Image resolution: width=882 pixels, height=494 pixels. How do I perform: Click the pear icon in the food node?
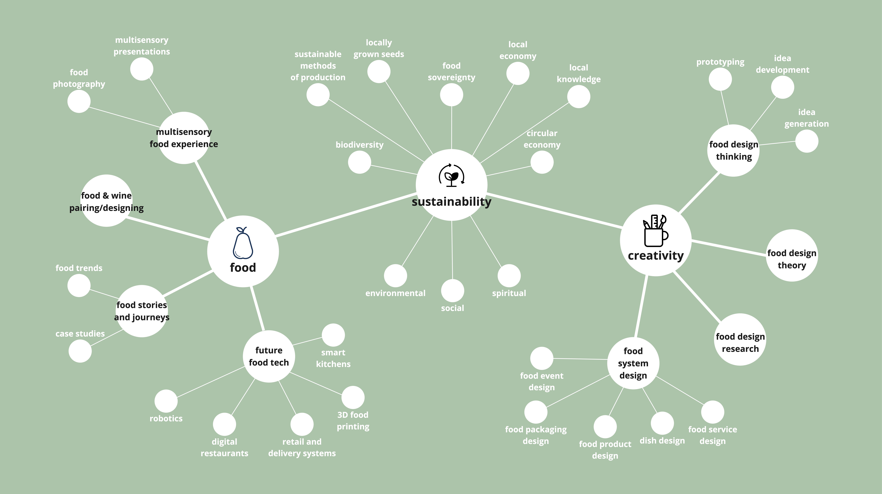point(243,243)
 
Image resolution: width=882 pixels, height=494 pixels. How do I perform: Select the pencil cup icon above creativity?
point(655,231)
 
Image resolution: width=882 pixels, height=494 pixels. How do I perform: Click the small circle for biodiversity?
point(359,162)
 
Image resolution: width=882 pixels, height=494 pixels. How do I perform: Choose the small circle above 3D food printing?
point(353,397)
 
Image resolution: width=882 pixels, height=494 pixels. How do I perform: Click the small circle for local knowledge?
point(579,97)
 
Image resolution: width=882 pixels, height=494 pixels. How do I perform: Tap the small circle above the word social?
point(453,291)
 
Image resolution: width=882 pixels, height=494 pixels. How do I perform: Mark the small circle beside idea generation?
point(807,141)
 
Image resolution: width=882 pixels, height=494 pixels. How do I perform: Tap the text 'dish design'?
point(662,441)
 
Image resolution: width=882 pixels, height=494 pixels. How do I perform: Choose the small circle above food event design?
point(542,358)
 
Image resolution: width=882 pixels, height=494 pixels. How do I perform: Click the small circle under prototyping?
point(720,79)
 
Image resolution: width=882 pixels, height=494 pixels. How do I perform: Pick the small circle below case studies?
point(80,351)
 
